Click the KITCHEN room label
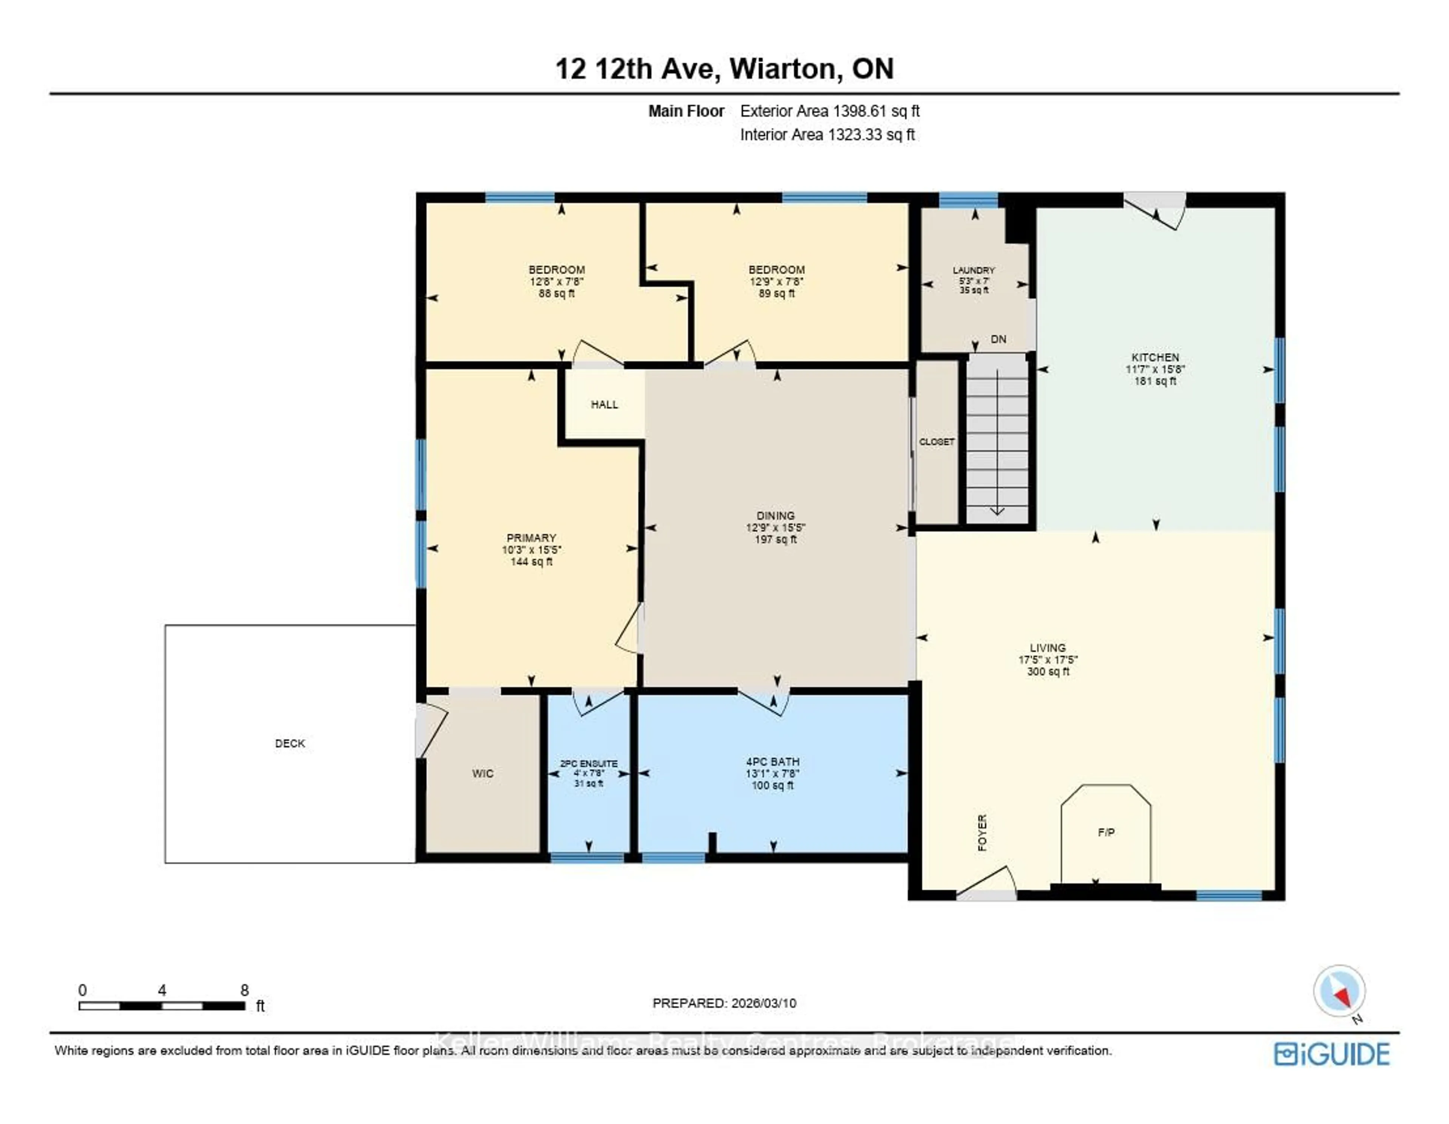(x=1155, y=357)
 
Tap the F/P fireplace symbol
(x=1106, y=833)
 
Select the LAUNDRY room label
(x=973, y=270)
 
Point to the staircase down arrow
(x=997, y=510)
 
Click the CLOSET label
(x=936, y=441)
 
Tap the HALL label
(x=605, y=404)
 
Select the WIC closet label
(x=482, y=774)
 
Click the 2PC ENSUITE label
(x=589, y=763)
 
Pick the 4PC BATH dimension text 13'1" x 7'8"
(x=772, y=774)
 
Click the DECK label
(x=290, y=743)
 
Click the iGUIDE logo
(x=1332, y=1054)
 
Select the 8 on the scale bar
(x=244, y=990)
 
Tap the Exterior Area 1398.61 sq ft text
(x=829, y=111)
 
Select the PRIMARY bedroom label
(x=531, y=538)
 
